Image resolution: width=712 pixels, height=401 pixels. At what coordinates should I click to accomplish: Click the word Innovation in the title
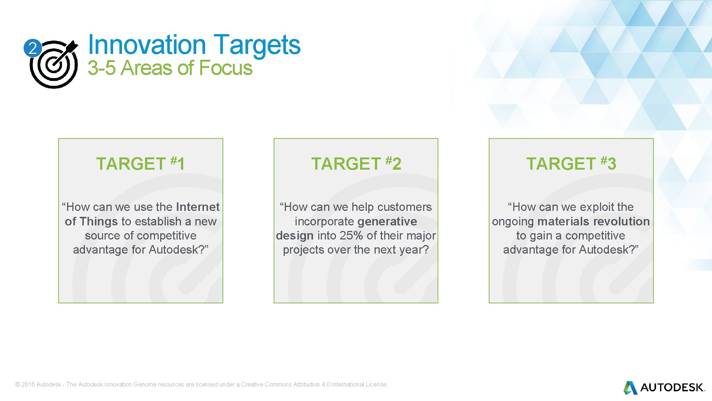[146, 45]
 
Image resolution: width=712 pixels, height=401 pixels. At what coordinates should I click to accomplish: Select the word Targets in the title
[257, 45]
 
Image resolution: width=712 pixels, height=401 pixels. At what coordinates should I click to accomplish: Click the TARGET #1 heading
[141, 164]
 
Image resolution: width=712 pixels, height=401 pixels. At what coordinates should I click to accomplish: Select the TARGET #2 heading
[356, 164]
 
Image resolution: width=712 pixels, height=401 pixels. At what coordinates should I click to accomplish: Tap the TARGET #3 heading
[571, 164]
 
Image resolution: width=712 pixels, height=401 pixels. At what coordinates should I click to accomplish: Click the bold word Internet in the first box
[198, 207]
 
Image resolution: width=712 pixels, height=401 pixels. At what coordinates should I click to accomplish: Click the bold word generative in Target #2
[387, 221]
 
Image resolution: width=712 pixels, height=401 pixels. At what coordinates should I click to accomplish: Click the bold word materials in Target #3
[561, 221]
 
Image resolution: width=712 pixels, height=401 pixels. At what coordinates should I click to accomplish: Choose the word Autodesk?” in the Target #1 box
[179, 250]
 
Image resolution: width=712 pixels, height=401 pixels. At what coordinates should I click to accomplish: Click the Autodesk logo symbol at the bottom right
[630, 388]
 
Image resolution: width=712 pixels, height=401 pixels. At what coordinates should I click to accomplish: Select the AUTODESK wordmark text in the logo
[672, 388]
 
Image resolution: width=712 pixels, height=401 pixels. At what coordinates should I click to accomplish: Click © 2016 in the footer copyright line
[25, 385]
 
